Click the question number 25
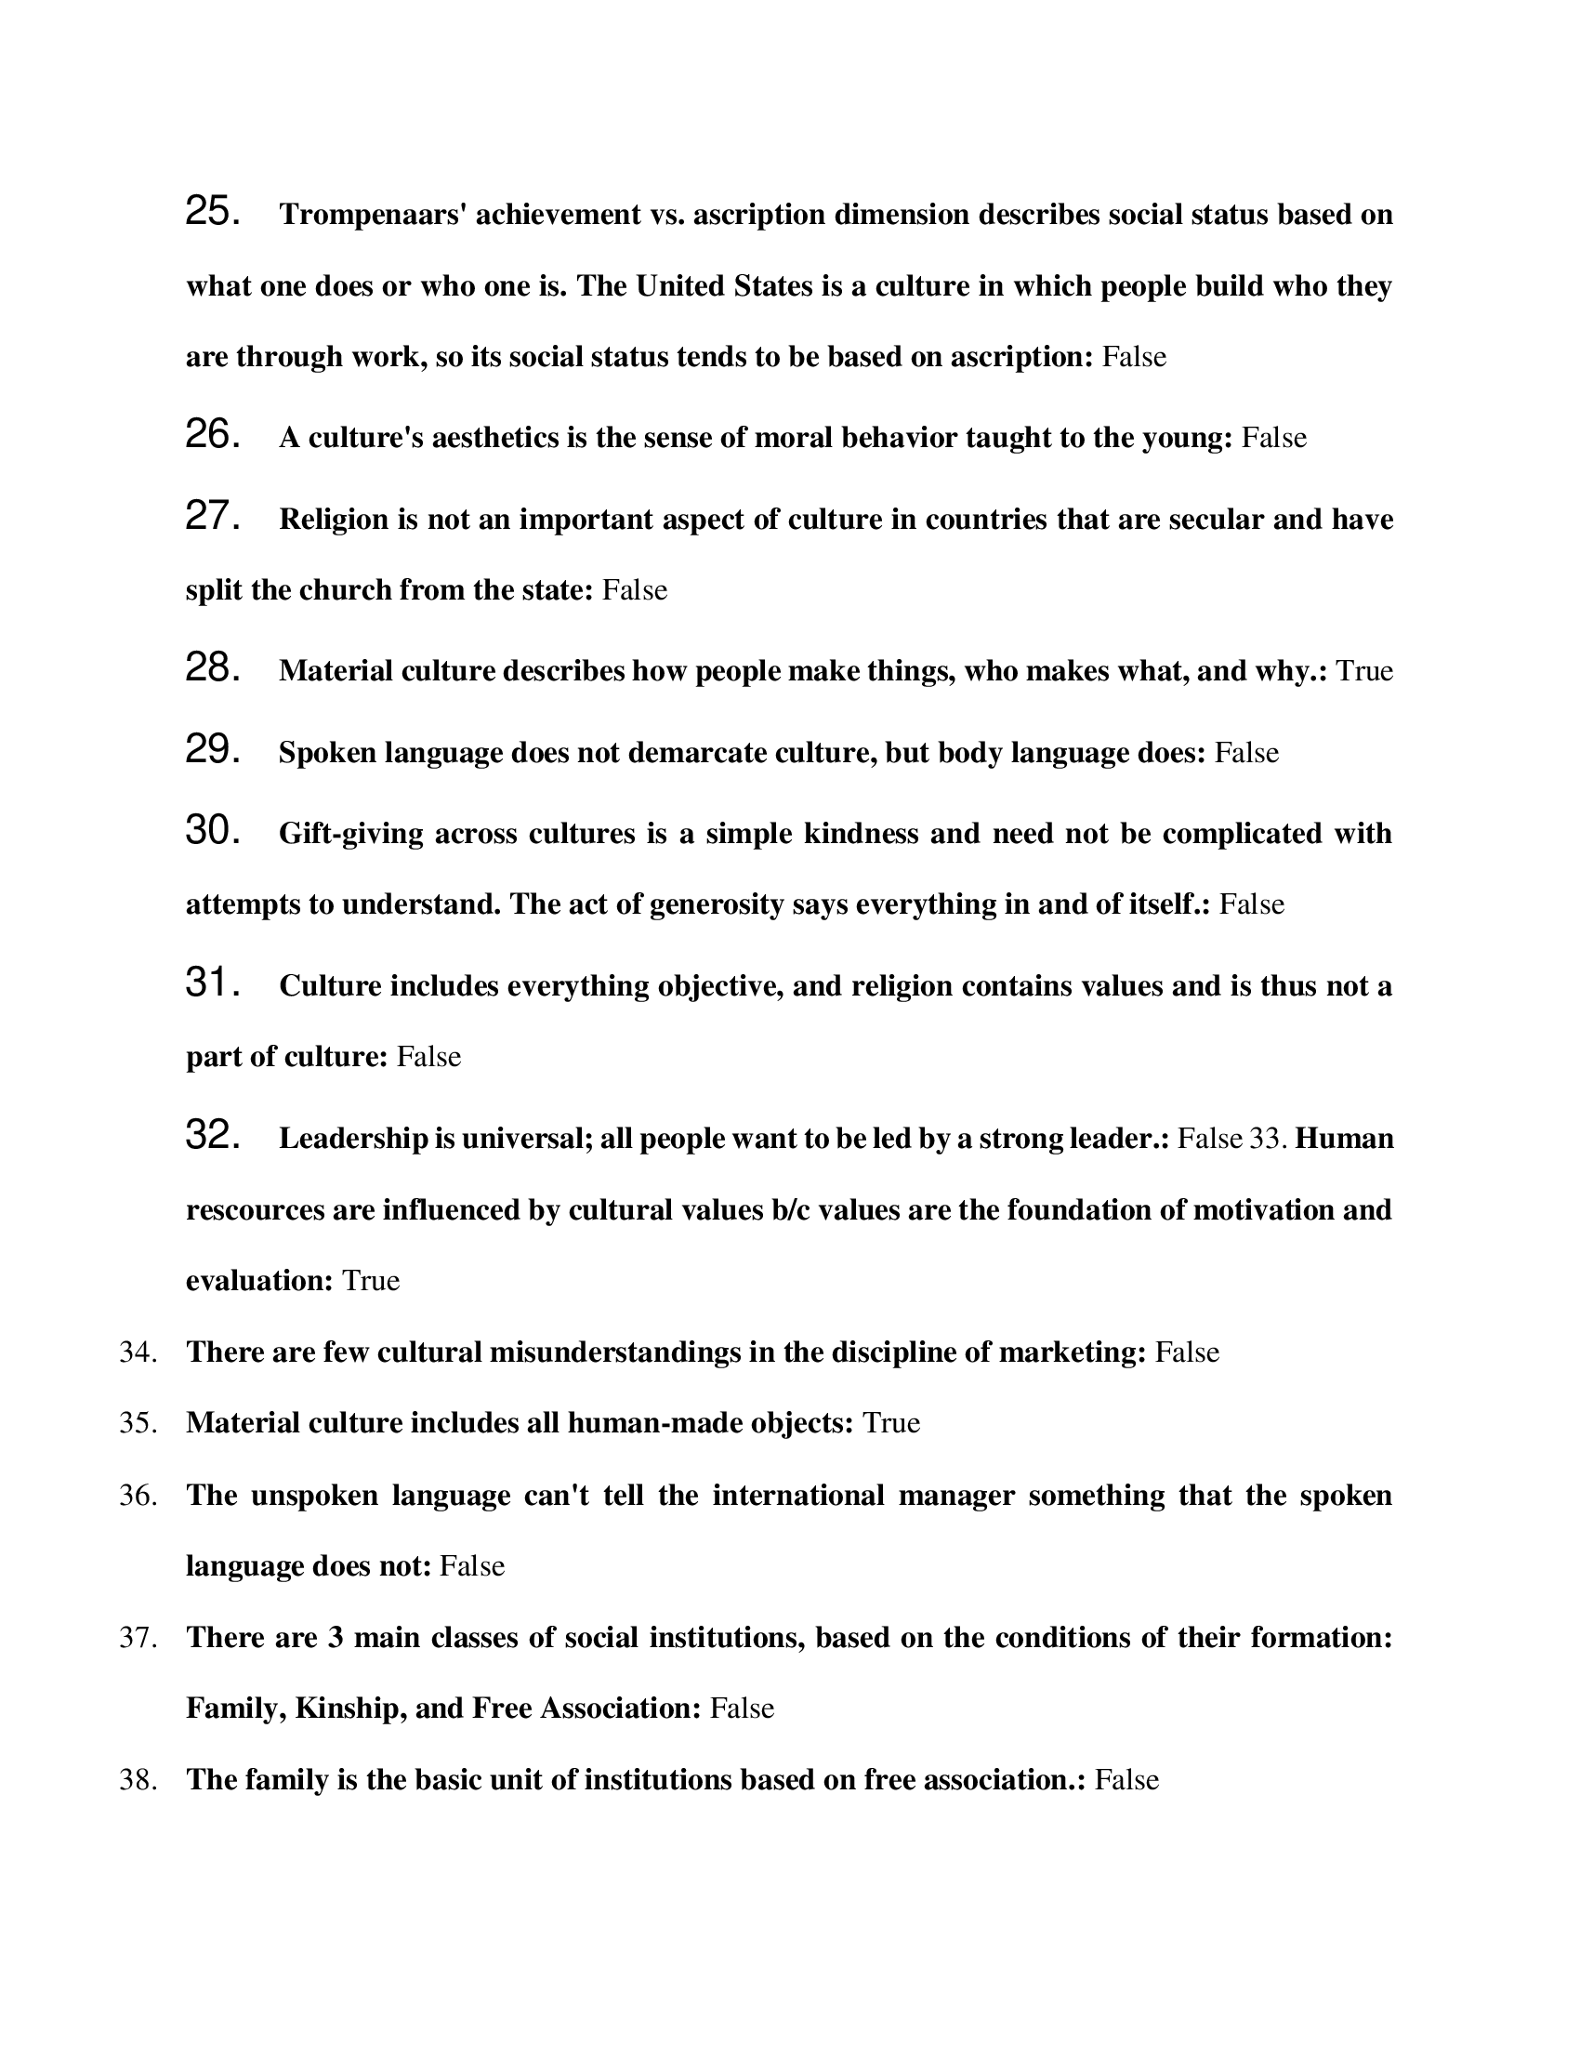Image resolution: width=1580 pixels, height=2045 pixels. [x=213, y=213]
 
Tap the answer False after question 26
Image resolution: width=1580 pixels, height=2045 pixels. [x=1273, y=438]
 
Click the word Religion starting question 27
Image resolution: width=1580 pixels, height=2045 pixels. [x=334, y=520]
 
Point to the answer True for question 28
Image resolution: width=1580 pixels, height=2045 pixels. [x=1363, y=671]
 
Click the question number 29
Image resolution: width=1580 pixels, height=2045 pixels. [x=213, y=751]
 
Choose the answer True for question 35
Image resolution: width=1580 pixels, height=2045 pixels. [x=890, y=1423]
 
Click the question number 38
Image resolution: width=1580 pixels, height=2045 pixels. [x=137, y=1780]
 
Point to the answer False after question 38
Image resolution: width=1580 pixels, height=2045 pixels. [x=1126, y=1780]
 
